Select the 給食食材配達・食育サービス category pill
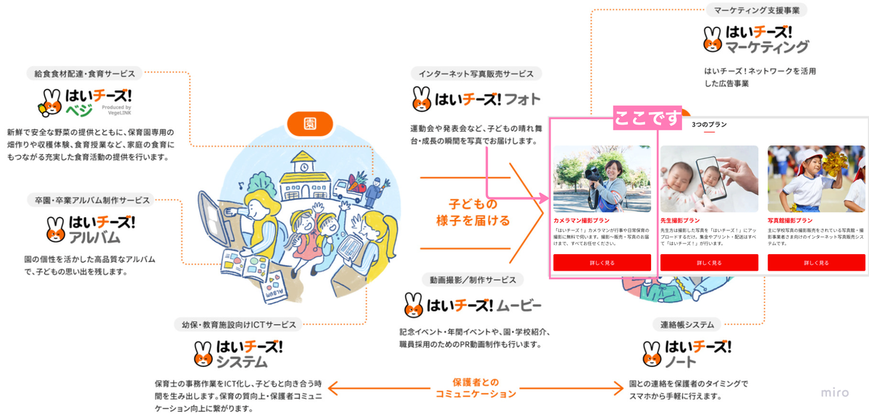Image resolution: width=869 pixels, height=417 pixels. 85,73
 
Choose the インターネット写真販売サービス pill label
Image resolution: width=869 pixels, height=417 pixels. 476,73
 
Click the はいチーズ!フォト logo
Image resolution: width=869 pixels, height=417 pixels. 476,97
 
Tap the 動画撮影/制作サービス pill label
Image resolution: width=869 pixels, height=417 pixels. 472,279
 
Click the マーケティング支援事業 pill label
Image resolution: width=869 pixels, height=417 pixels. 756,10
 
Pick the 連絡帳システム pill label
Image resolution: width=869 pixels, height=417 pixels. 687,324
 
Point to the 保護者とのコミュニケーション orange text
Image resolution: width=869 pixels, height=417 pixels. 476,388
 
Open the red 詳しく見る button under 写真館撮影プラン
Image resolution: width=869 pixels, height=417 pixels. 816,263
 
